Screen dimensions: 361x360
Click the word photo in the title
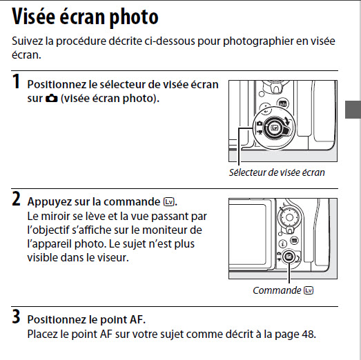click(x=134, y=17)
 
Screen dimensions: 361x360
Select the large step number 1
click(x=16, y=81)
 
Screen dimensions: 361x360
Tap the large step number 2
click(x=16, y=199)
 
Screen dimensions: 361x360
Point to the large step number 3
click(x=16, y=317)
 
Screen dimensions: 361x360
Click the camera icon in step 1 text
click(x=52, y=99)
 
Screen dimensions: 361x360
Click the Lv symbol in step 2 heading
click(x=168, y=202)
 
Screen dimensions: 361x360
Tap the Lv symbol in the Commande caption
click(x=309, y=290)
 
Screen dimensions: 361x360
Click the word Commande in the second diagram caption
click(x=277, y=290)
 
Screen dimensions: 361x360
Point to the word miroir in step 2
click(x=55, y=217)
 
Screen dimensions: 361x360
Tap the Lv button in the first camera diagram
click(x=275, y=128)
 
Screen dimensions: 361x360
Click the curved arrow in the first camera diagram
click(x=286, y=121)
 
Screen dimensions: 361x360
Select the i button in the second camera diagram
click(x=283, y=244)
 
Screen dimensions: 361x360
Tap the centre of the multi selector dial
click(x=289, y=218)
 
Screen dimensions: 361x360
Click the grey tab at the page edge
click(x=353, y=110)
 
